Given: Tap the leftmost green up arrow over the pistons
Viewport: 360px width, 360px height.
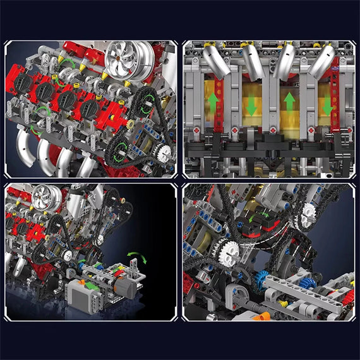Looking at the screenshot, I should tap(214, 102).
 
